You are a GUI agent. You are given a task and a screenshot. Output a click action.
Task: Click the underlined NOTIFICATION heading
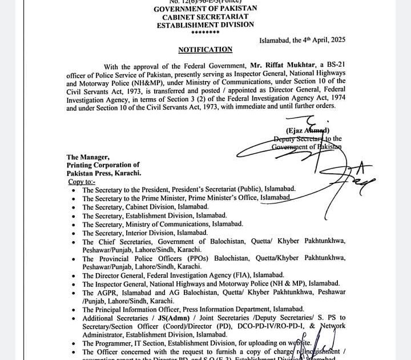205,50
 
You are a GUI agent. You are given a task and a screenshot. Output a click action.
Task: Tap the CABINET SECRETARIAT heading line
205,17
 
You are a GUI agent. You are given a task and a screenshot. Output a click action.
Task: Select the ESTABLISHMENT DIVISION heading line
205,25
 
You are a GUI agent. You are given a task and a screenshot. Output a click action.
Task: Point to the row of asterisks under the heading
205,33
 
